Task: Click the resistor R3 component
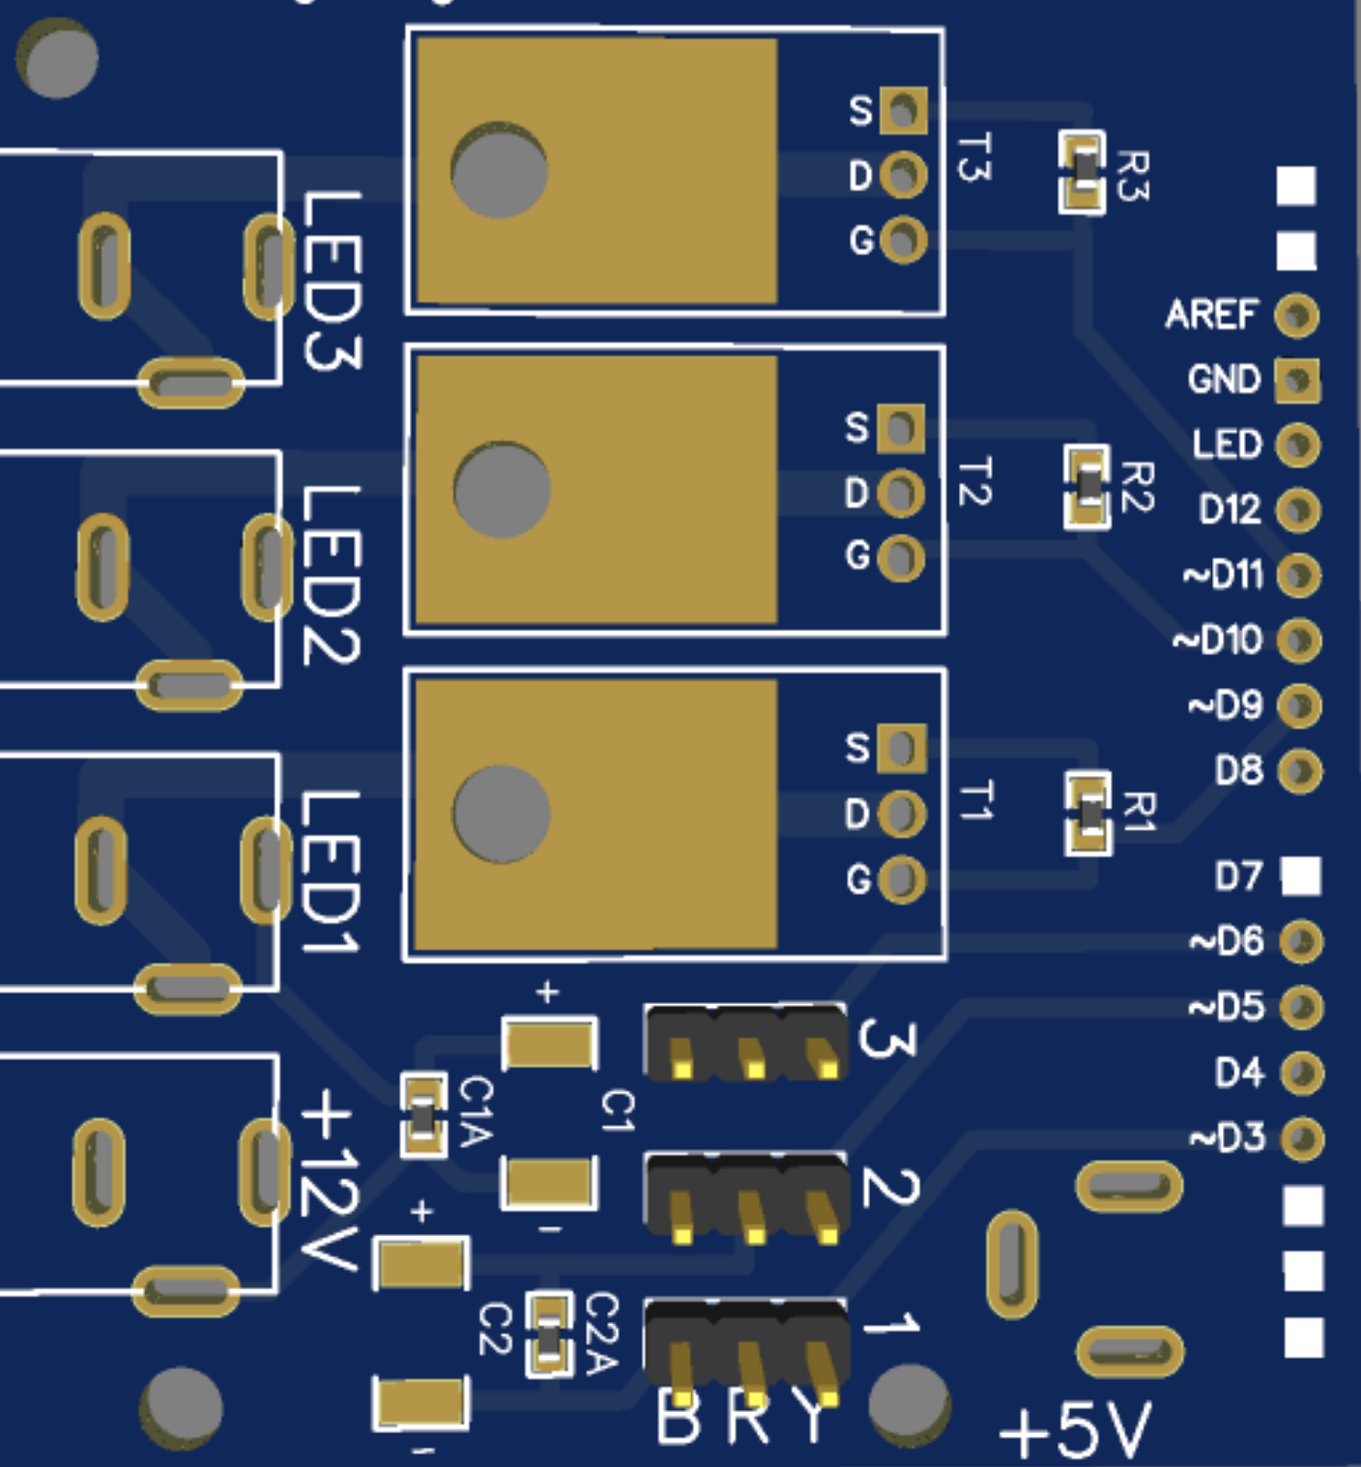coord(1083,173)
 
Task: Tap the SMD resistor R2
coord(1088,486)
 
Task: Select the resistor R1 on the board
coord(1089,814)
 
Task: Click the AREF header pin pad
coord(1296,315)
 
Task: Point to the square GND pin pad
coord(1297,380)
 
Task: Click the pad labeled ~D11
coord(1298,576)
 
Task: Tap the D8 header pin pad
coord(1300,771)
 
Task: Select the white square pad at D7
coord(1301,876)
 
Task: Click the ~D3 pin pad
coord(1302,1137)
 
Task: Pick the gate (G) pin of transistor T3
coord(904,239)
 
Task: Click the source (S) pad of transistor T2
coord(901,428)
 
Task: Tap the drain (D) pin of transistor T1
coord(902,814)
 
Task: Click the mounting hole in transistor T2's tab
coord(502,489)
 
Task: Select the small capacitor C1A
coord(423,1115)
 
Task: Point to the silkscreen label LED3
coord(331,280)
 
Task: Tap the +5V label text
coord(1075,1428)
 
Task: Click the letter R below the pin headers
coord(747,1419)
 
